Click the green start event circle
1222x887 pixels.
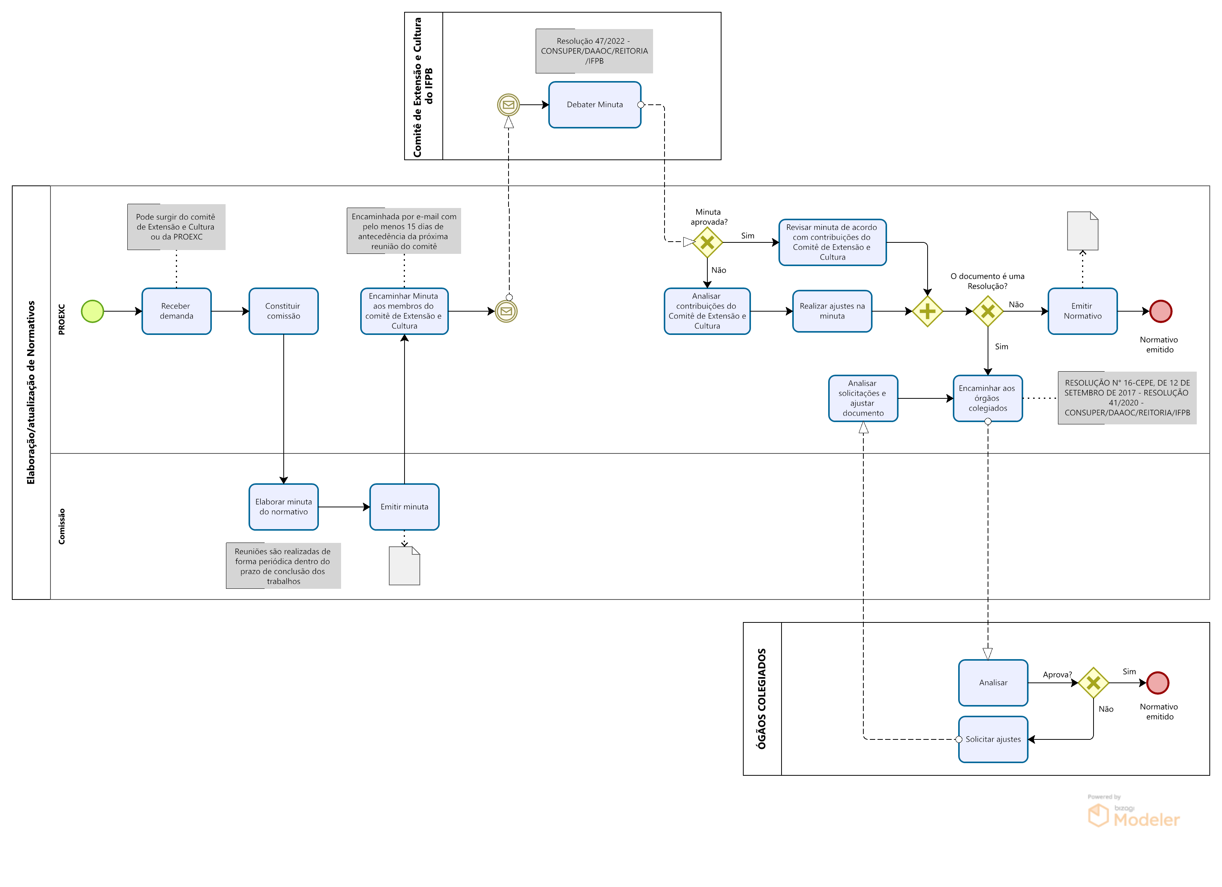pos(92,312)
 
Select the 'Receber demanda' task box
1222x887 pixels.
pos(176,312)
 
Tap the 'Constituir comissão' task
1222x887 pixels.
pos(283,312)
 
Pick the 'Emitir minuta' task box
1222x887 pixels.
pos(404,507)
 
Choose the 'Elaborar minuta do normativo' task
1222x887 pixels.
pos(283,507)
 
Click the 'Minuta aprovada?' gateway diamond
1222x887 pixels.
pos(707,242)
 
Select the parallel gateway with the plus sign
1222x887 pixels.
pos(927,312)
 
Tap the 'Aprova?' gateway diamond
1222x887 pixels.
pos(1093,683)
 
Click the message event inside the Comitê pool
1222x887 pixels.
pos(508,104)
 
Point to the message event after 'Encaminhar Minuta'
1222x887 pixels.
pos(506,312)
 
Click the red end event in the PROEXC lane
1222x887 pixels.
pos(1160,312)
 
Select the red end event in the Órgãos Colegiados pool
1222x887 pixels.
pos(1157,683)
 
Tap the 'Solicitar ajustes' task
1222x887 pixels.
pos(993,739)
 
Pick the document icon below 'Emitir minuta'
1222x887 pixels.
pos(404,566)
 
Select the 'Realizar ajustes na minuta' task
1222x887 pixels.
pos(832,312)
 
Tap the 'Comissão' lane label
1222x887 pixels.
pos(62,526)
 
